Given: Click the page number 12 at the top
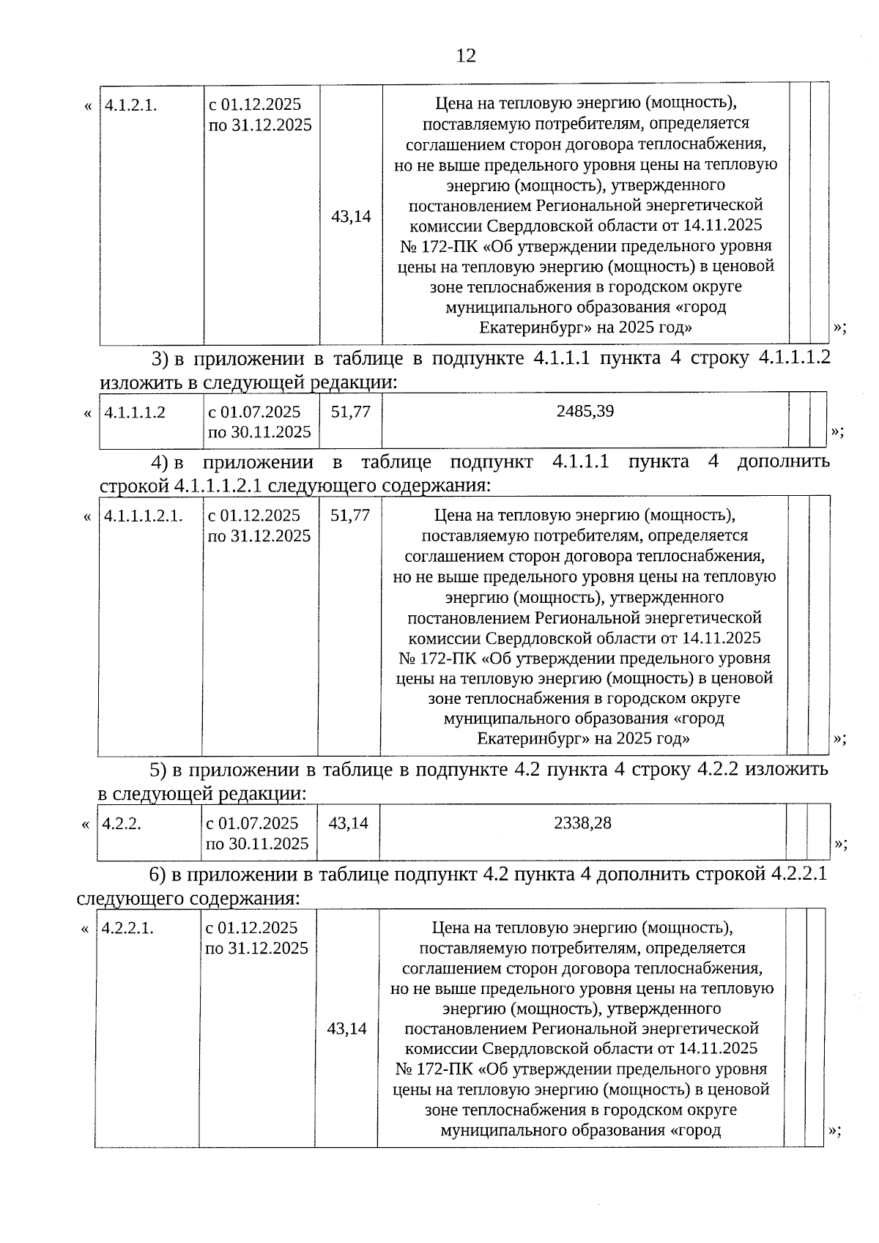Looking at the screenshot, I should [466, 56].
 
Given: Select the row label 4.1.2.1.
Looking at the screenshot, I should [130, 105].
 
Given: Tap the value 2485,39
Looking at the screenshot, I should [585, 411].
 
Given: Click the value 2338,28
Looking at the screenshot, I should [582, 823].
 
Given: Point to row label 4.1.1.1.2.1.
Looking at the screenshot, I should [144, 516].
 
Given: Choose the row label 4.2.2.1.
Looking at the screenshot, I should [128, 928].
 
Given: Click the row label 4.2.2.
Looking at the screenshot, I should [122, 823].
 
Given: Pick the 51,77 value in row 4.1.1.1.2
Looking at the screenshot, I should [350, 412].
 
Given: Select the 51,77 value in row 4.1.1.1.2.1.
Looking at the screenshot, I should [350, 516].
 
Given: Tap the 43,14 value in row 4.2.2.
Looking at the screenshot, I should [348, 823].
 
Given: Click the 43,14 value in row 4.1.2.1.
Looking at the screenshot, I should [351, 217].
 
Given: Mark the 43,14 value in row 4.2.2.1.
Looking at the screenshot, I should [347, 1028].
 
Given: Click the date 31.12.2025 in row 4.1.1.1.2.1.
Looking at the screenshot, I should [270, 536].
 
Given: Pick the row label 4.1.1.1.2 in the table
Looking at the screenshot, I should [135, 412].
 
